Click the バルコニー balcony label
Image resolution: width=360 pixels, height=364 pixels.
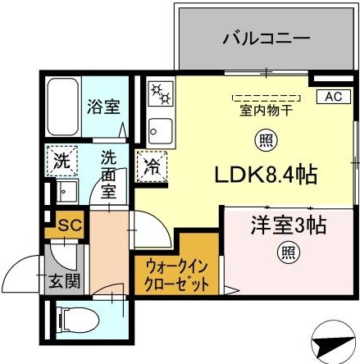265,38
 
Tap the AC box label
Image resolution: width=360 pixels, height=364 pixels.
333,97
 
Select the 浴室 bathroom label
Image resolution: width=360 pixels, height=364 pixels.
103,105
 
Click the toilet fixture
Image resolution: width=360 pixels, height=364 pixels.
79,320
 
